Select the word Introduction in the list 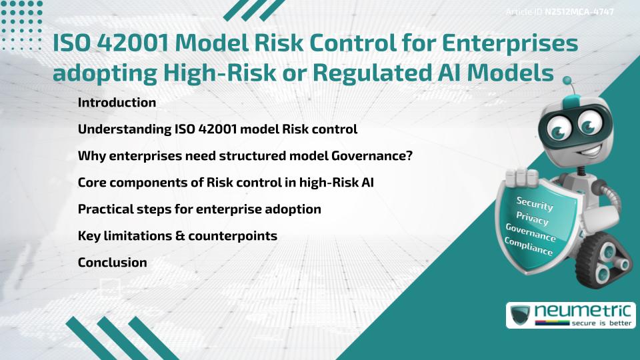117,103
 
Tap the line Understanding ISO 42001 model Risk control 217,129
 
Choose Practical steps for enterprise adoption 199,209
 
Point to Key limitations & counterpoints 177,236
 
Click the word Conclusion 112,263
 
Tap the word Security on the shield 535,203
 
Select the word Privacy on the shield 532,218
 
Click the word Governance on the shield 531,233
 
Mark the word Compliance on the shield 529,247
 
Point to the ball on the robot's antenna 568,81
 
